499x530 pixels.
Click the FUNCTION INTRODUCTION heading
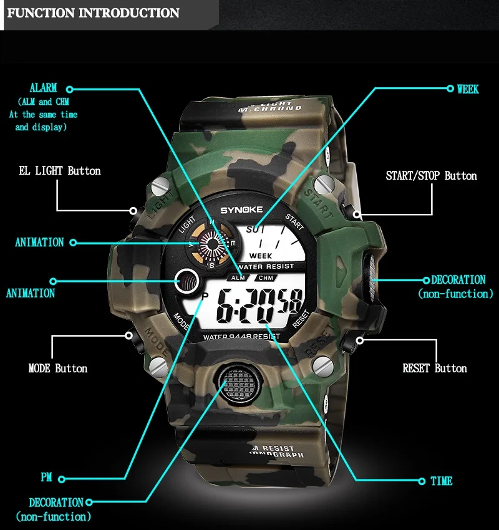pos(94,13)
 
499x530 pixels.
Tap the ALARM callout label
pos(43,89)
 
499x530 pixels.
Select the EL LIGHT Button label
pos(60,171)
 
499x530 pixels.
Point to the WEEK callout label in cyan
pos(468,89)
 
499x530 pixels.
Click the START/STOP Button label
pos(431,176)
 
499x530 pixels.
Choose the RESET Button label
pos(435,368)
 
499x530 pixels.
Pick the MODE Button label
pos(58,368)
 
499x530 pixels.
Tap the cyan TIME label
pos(441,481)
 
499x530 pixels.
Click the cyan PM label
pos(46,478)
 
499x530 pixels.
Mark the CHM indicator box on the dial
pos(266,277)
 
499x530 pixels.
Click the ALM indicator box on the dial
pos(237,277)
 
